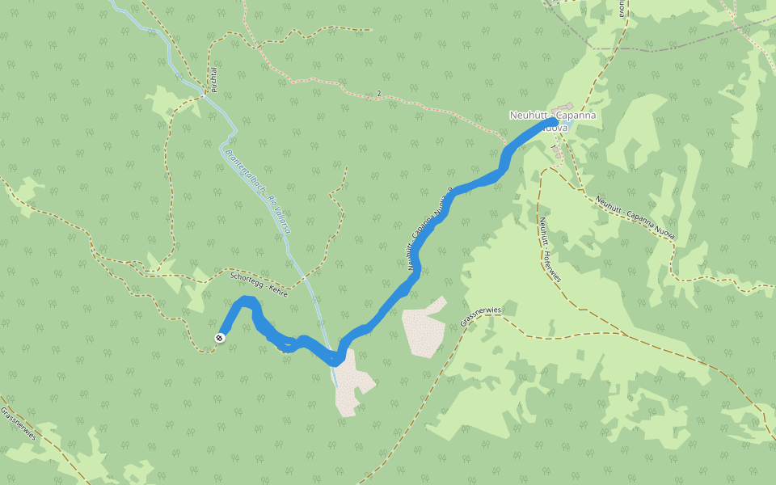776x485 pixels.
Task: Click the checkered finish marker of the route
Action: pos(220,337)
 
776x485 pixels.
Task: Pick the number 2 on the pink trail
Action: pos(378,94)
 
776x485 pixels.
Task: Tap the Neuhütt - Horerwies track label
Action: pos(550,250)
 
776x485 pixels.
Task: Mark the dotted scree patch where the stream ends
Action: pos(352,384)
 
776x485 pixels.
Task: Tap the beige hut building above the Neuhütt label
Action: pos(565,107)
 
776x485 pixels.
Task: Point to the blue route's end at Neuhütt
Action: pos(555,122)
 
